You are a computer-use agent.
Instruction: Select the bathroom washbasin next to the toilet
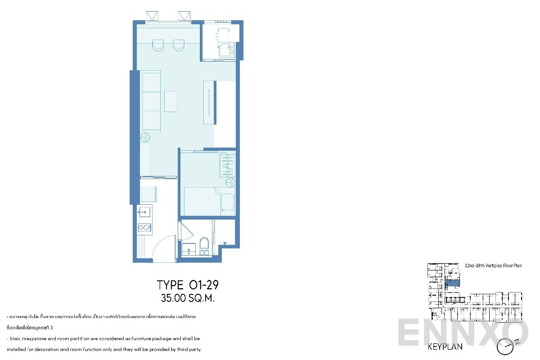[x=189, y=248]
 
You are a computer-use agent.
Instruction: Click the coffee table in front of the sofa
[x=171, y=101]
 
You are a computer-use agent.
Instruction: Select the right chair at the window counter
[x=179, y=45]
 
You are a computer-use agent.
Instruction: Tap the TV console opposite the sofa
[x=209, y=102]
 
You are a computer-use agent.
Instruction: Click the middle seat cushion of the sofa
[x=151, y=101]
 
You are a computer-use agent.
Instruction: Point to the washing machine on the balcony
[x=226, y=50]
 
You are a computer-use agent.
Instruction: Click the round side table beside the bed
[x=230, y=183]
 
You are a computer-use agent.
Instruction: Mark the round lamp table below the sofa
[x=146, y=137]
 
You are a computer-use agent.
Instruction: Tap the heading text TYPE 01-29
[x=188, y=285]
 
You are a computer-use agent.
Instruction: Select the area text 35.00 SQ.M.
[x=188, y=297]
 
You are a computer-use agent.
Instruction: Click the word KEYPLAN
[x=445, y=347]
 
